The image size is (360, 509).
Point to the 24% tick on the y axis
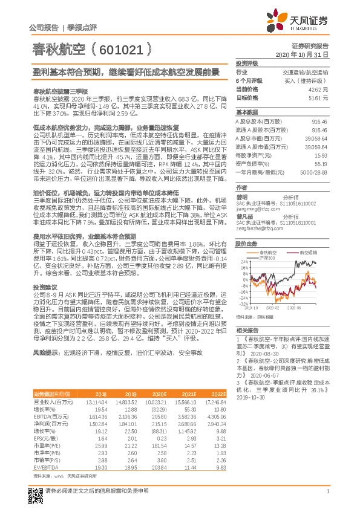tap(243, 261)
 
